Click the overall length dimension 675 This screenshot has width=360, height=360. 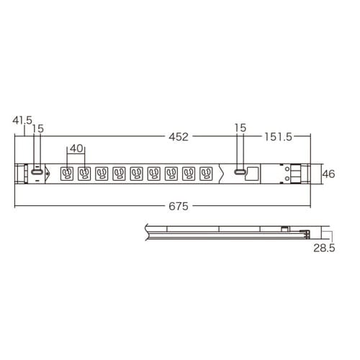179,206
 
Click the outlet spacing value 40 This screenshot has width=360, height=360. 76,149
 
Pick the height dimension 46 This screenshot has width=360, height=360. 328,174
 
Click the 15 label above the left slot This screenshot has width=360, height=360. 37,128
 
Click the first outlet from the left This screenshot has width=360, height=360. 67,174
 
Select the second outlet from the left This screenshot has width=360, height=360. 84,174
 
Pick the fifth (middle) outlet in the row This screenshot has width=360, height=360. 137,174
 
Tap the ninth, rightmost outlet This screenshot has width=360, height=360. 207,174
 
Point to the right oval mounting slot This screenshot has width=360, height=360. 238,174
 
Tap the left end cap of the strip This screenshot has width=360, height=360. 19,174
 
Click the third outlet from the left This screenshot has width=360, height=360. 102,174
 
